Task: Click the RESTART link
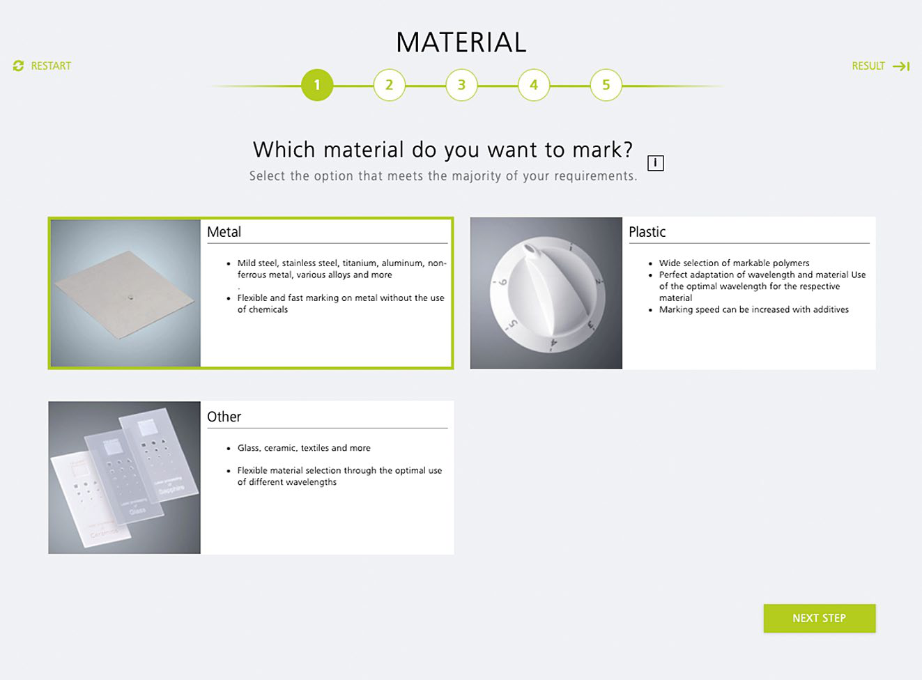click(x=42, y=66)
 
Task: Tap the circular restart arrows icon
click(x=18, y=66)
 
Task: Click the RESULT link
click(x=880, y=66)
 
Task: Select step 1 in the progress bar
click(x=317, y=85)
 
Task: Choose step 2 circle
click(x=389, y=85)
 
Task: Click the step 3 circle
click(x=461, y=85)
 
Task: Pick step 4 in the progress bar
click(x=533, y=85)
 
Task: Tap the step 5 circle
click(x=606, y=85)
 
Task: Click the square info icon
click(x=655, y=163)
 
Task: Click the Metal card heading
click(x=224, y=232)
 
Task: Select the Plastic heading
click(x=647, y=232)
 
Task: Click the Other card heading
click(x=224, y=417)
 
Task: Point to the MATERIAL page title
click(x=461, y=42)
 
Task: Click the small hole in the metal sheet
click(x=130, y=297)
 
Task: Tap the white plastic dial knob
click(x=548, y=294)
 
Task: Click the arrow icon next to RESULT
click(x=901, y=66)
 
